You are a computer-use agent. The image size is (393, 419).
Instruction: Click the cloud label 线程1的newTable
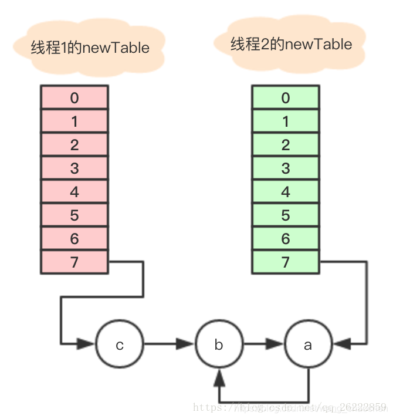click(90, 48)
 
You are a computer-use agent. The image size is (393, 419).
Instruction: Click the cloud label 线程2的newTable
click(291, 45)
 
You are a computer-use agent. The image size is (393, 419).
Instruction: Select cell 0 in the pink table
click(74, 97)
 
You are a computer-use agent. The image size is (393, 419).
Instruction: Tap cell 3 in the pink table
click(74, 168)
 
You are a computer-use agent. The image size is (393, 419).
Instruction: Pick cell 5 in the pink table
click(74, 215)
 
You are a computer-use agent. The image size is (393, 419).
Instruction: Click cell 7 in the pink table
click(74, 262)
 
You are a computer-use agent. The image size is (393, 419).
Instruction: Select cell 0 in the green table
click(286, 97)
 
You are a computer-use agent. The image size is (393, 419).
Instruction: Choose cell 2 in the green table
click(286, 144)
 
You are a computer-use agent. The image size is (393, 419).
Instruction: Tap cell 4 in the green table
click(286, 191)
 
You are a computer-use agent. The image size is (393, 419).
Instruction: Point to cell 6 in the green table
click(286, 238)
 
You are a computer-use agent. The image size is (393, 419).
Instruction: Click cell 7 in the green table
click(286, 262)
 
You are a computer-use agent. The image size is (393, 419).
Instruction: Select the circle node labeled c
click(120, 344)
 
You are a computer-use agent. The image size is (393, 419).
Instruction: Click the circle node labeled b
click(219, 344)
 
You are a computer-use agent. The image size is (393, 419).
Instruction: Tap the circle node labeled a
click(308, 344)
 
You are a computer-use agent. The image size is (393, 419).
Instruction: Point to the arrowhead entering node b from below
click(219, 376)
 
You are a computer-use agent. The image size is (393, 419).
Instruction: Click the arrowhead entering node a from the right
click(340, 344)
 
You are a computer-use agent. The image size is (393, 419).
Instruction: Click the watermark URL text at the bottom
click(290, 407)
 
